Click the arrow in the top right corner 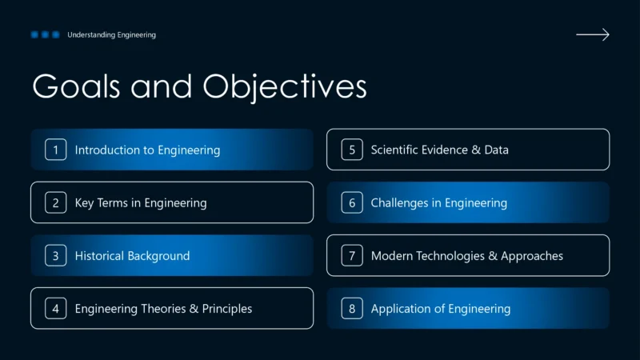(592, 34)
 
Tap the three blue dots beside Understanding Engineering (45, 34)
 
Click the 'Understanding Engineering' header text (111, 34)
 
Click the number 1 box (56, 150)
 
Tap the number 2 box (56, 202)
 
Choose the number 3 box (56, 256)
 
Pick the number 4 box (56, 309)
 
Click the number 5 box (352, 150)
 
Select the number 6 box (352, 202)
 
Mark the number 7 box (352, 256)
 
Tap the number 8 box (352, 309)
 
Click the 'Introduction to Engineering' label (147, 150)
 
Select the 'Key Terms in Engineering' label (141, 202)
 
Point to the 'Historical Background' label (132, 256)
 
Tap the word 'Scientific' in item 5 (398, 150)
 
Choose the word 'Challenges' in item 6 (400, 202)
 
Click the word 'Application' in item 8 (401, 309)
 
